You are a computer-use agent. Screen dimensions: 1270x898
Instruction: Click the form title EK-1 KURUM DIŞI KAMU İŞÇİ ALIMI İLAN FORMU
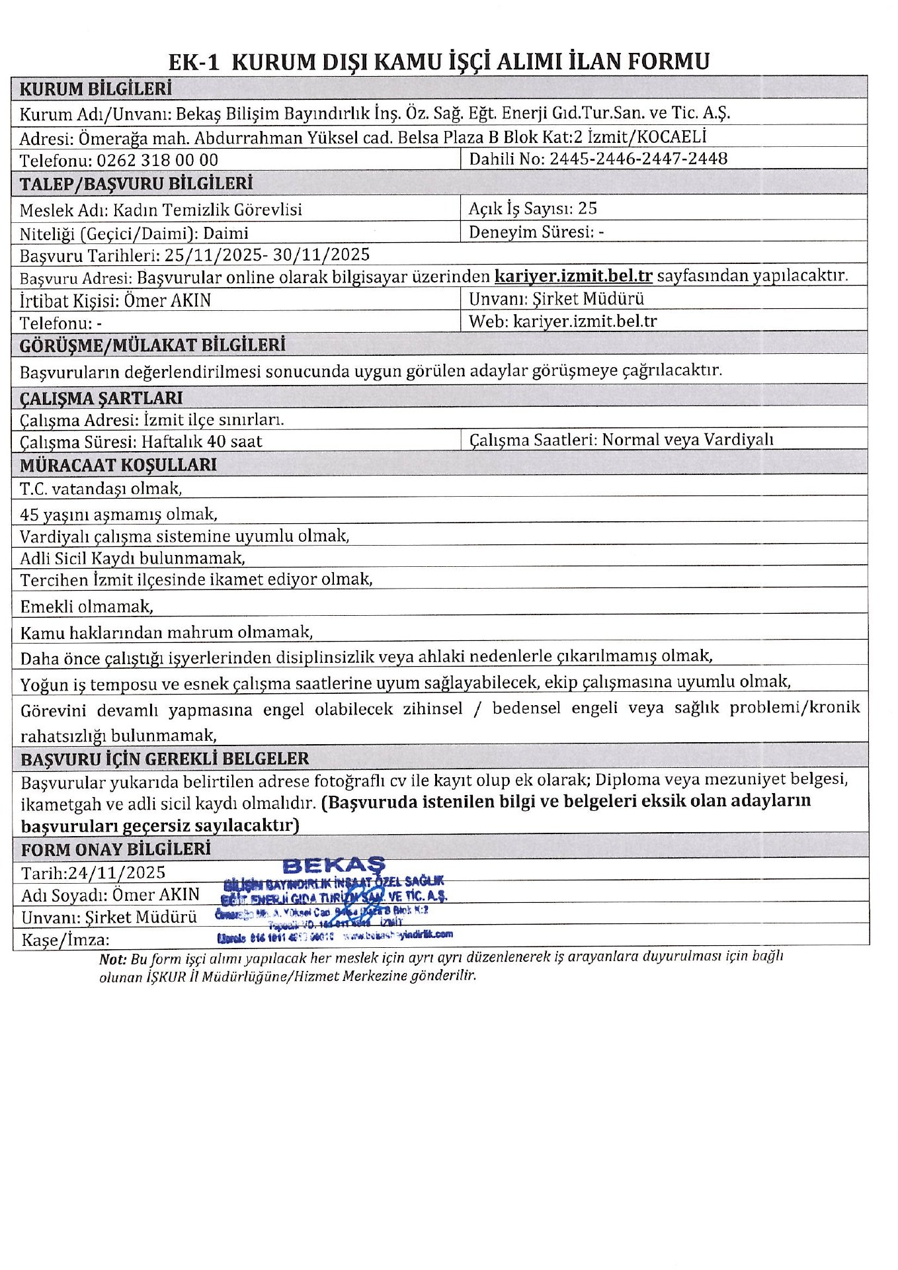coord(438,62)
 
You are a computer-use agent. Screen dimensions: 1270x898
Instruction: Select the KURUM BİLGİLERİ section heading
coord(95,89)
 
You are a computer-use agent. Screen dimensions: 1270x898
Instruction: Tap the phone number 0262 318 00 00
coord(157,160)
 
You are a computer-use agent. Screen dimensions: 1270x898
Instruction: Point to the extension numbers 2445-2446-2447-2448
coord(638,159)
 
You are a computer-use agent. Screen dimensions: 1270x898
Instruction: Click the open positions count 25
coord(587,208)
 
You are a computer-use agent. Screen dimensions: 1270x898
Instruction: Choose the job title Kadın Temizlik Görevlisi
coord(207,210)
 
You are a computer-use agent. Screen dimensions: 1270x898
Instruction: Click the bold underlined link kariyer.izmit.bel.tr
coord(573,275)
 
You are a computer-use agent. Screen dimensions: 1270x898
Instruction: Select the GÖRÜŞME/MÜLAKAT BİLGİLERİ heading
coord(152,345)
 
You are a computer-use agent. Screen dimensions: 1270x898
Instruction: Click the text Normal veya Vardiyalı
coord(687,440)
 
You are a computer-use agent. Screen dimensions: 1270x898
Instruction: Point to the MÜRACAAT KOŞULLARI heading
coord(118,464)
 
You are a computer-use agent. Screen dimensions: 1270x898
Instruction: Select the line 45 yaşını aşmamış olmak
coord(118,514)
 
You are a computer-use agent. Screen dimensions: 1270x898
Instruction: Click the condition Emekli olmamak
coord(87,606)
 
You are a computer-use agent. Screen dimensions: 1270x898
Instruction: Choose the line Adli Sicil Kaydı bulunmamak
coord(132,558)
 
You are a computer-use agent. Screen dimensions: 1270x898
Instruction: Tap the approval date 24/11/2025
coord(116,872)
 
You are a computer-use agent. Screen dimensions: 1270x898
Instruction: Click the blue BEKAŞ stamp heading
coord(333,865)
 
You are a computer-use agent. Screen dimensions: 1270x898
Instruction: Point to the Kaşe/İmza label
coord(65,940)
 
